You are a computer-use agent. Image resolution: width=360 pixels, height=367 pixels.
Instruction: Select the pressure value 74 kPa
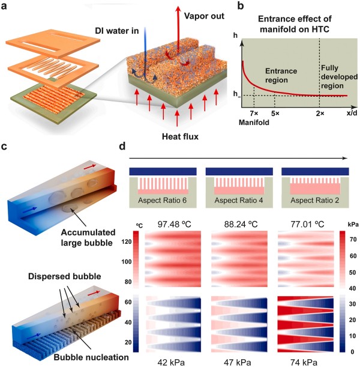(x=310, y=361)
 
